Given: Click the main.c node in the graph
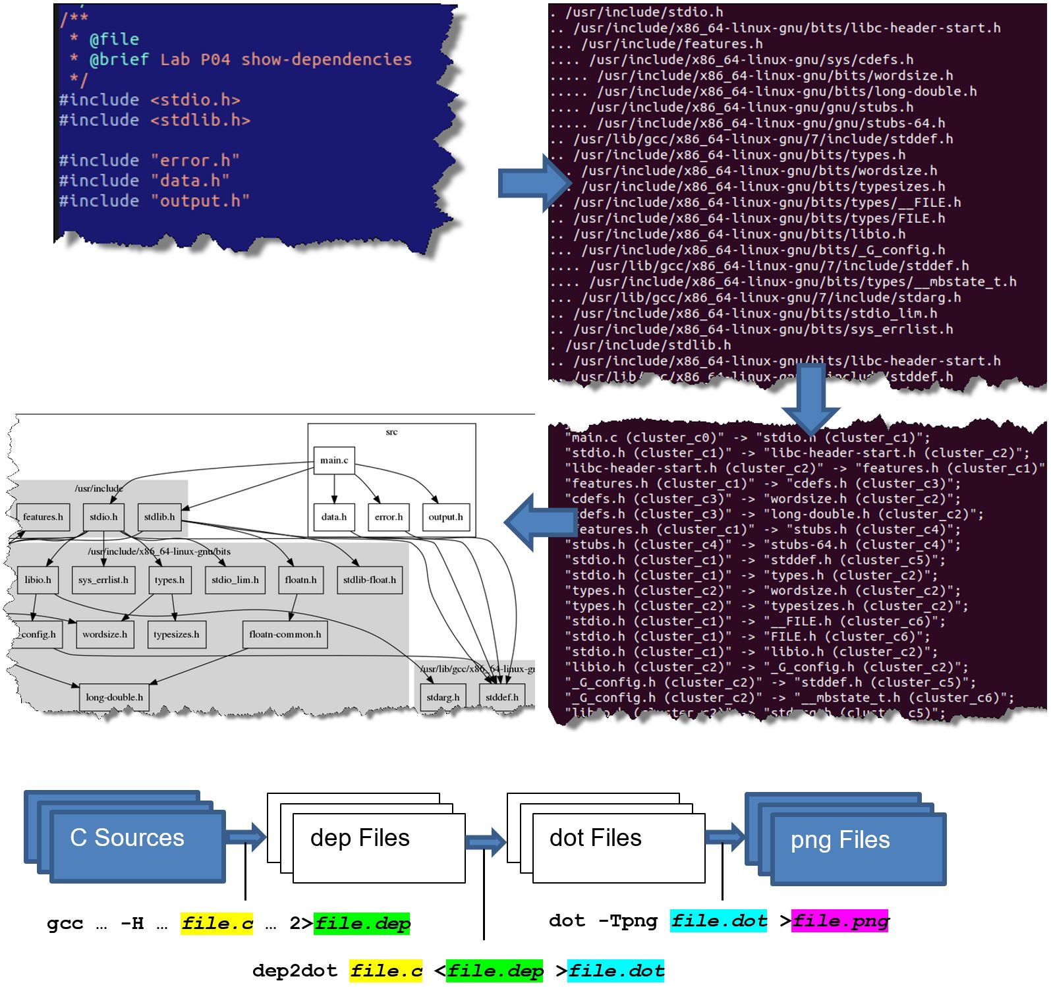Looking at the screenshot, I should (x=334, y=460).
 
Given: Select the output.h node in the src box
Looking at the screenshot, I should (x=445, y=517).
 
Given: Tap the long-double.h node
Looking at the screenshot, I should (x=114, y=697).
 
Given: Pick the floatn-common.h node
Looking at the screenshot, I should (x=285, y=634).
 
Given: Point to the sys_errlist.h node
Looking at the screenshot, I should (x=103, y=580).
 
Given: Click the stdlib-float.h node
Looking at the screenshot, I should (x=369, y=580).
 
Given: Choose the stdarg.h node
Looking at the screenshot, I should (x=443, y=697).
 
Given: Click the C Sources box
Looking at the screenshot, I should (x=137, y=845).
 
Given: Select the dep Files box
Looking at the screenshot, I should (x=378, y=847).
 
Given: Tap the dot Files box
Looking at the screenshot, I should (x=618, y=847).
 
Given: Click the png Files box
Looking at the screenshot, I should (x=858, y=848).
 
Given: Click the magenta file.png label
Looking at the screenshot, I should (x=840, y=920).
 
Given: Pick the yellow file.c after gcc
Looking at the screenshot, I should (x=217, y=923).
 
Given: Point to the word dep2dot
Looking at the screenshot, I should (x=294, y=971).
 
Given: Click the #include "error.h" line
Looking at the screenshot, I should (x=149, y=160).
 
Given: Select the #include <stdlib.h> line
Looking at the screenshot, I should (x=154, y=120).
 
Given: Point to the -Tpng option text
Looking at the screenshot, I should (x=627, y=920).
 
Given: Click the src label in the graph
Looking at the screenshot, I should (x=391, y=432).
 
